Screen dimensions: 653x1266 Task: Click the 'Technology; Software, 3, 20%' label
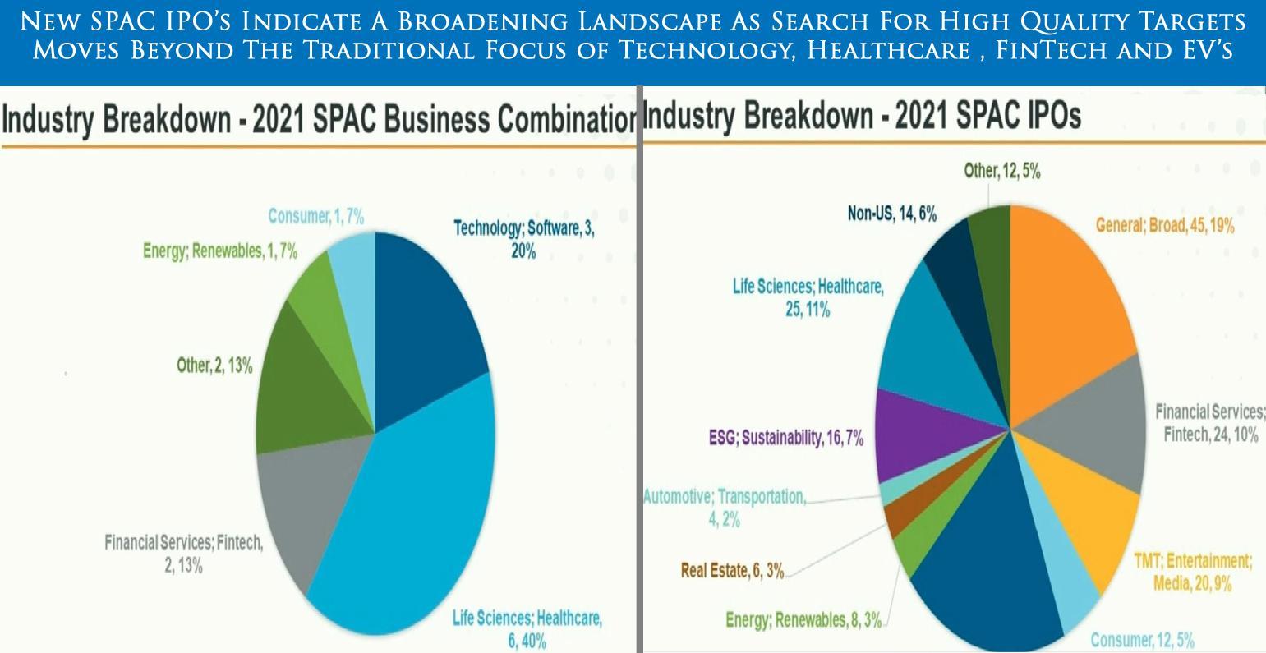[523, 239]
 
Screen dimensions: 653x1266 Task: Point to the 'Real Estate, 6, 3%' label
[732, 571]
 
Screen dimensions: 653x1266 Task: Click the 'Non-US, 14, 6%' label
[891, 214]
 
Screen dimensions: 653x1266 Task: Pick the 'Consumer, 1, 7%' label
[315, 216]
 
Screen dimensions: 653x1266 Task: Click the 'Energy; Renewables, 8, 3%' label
[803, 620]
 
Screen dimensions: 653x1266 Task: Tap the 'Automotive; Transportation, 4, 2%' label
[724, 508]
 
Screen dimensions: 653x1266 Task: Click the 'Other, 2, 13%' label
[214, 366]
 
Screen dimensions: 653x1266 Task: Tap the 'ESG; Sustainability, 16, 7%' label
[785, 438]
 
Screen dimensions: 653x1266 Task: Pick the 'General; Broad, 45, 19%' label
[1164, 225]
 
